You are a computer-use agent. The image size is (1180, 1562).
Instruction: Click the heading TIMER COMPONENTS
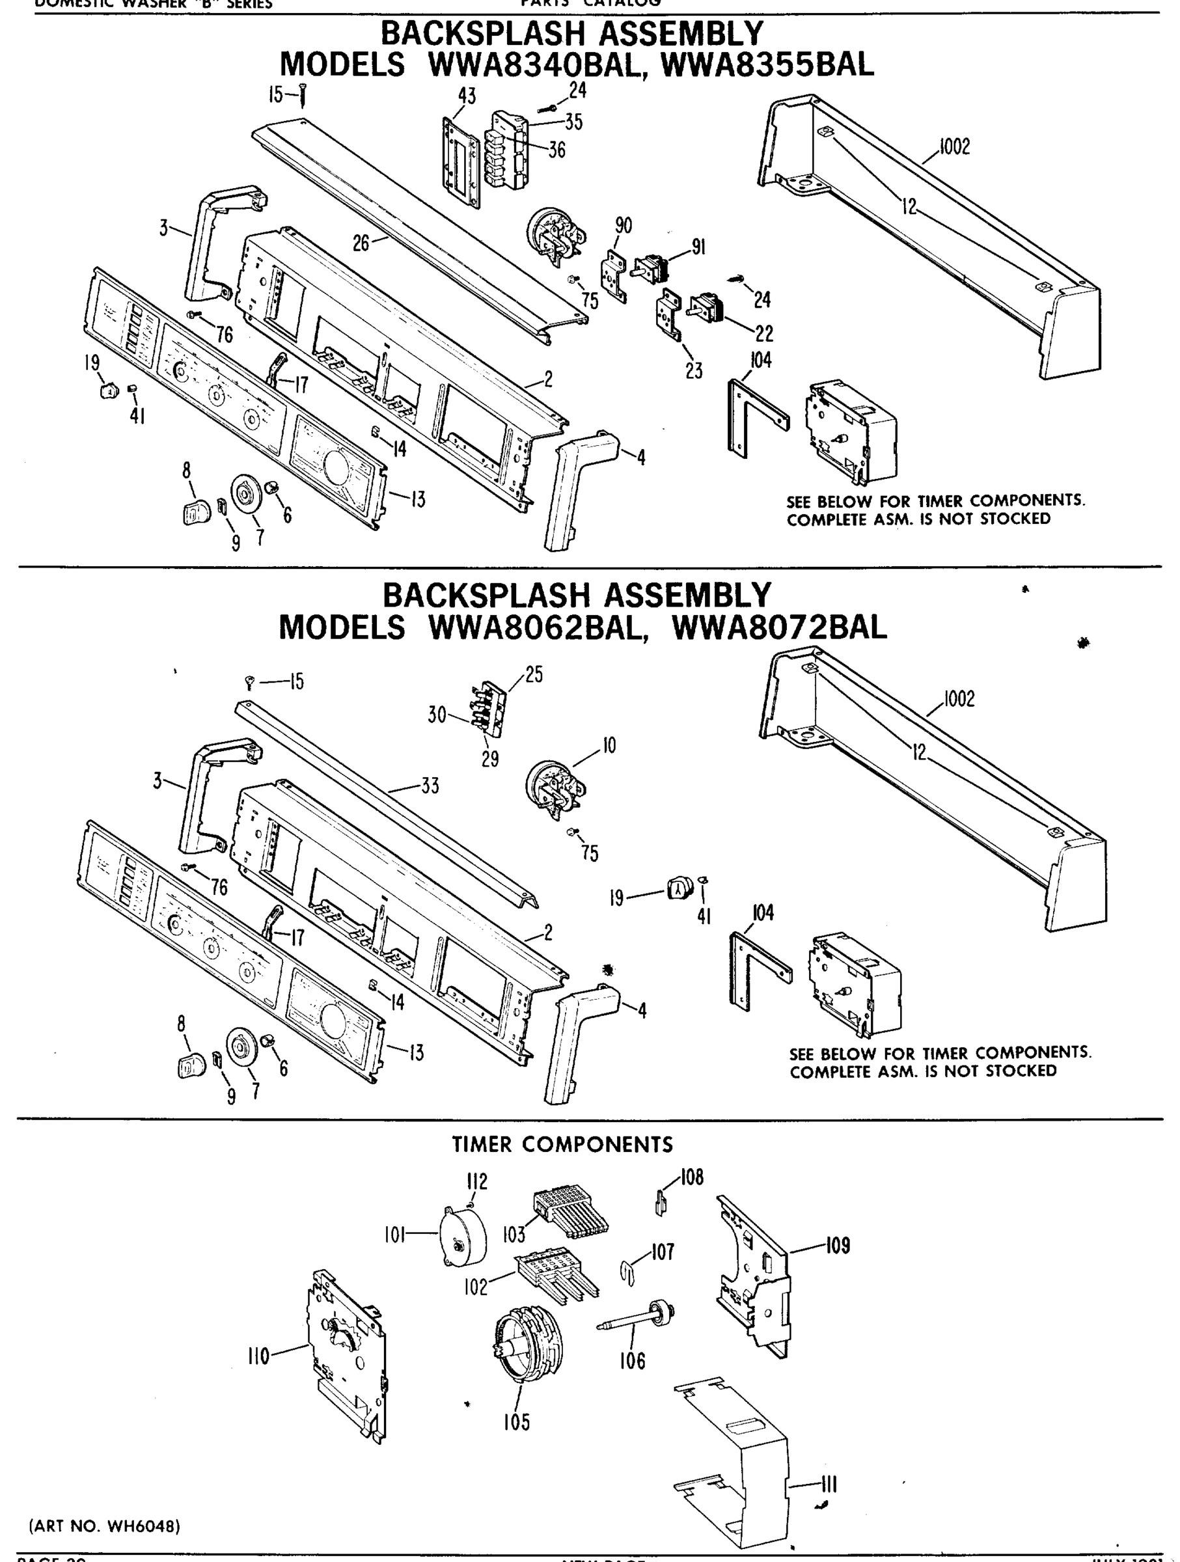[x=562, y=1144]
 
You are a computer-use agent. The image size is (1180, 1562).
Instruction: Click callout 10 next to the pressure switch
[x=609, y=746]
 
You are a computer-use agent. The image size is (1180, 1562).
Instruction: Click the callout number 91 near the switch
[x=698, y=247]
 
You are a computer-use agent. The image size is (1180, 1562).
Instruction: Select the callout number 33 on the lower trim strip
[x=430, y=786]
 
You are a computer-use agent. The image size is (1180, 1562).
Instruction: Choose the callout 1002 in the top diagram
[x=955, y=147]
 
